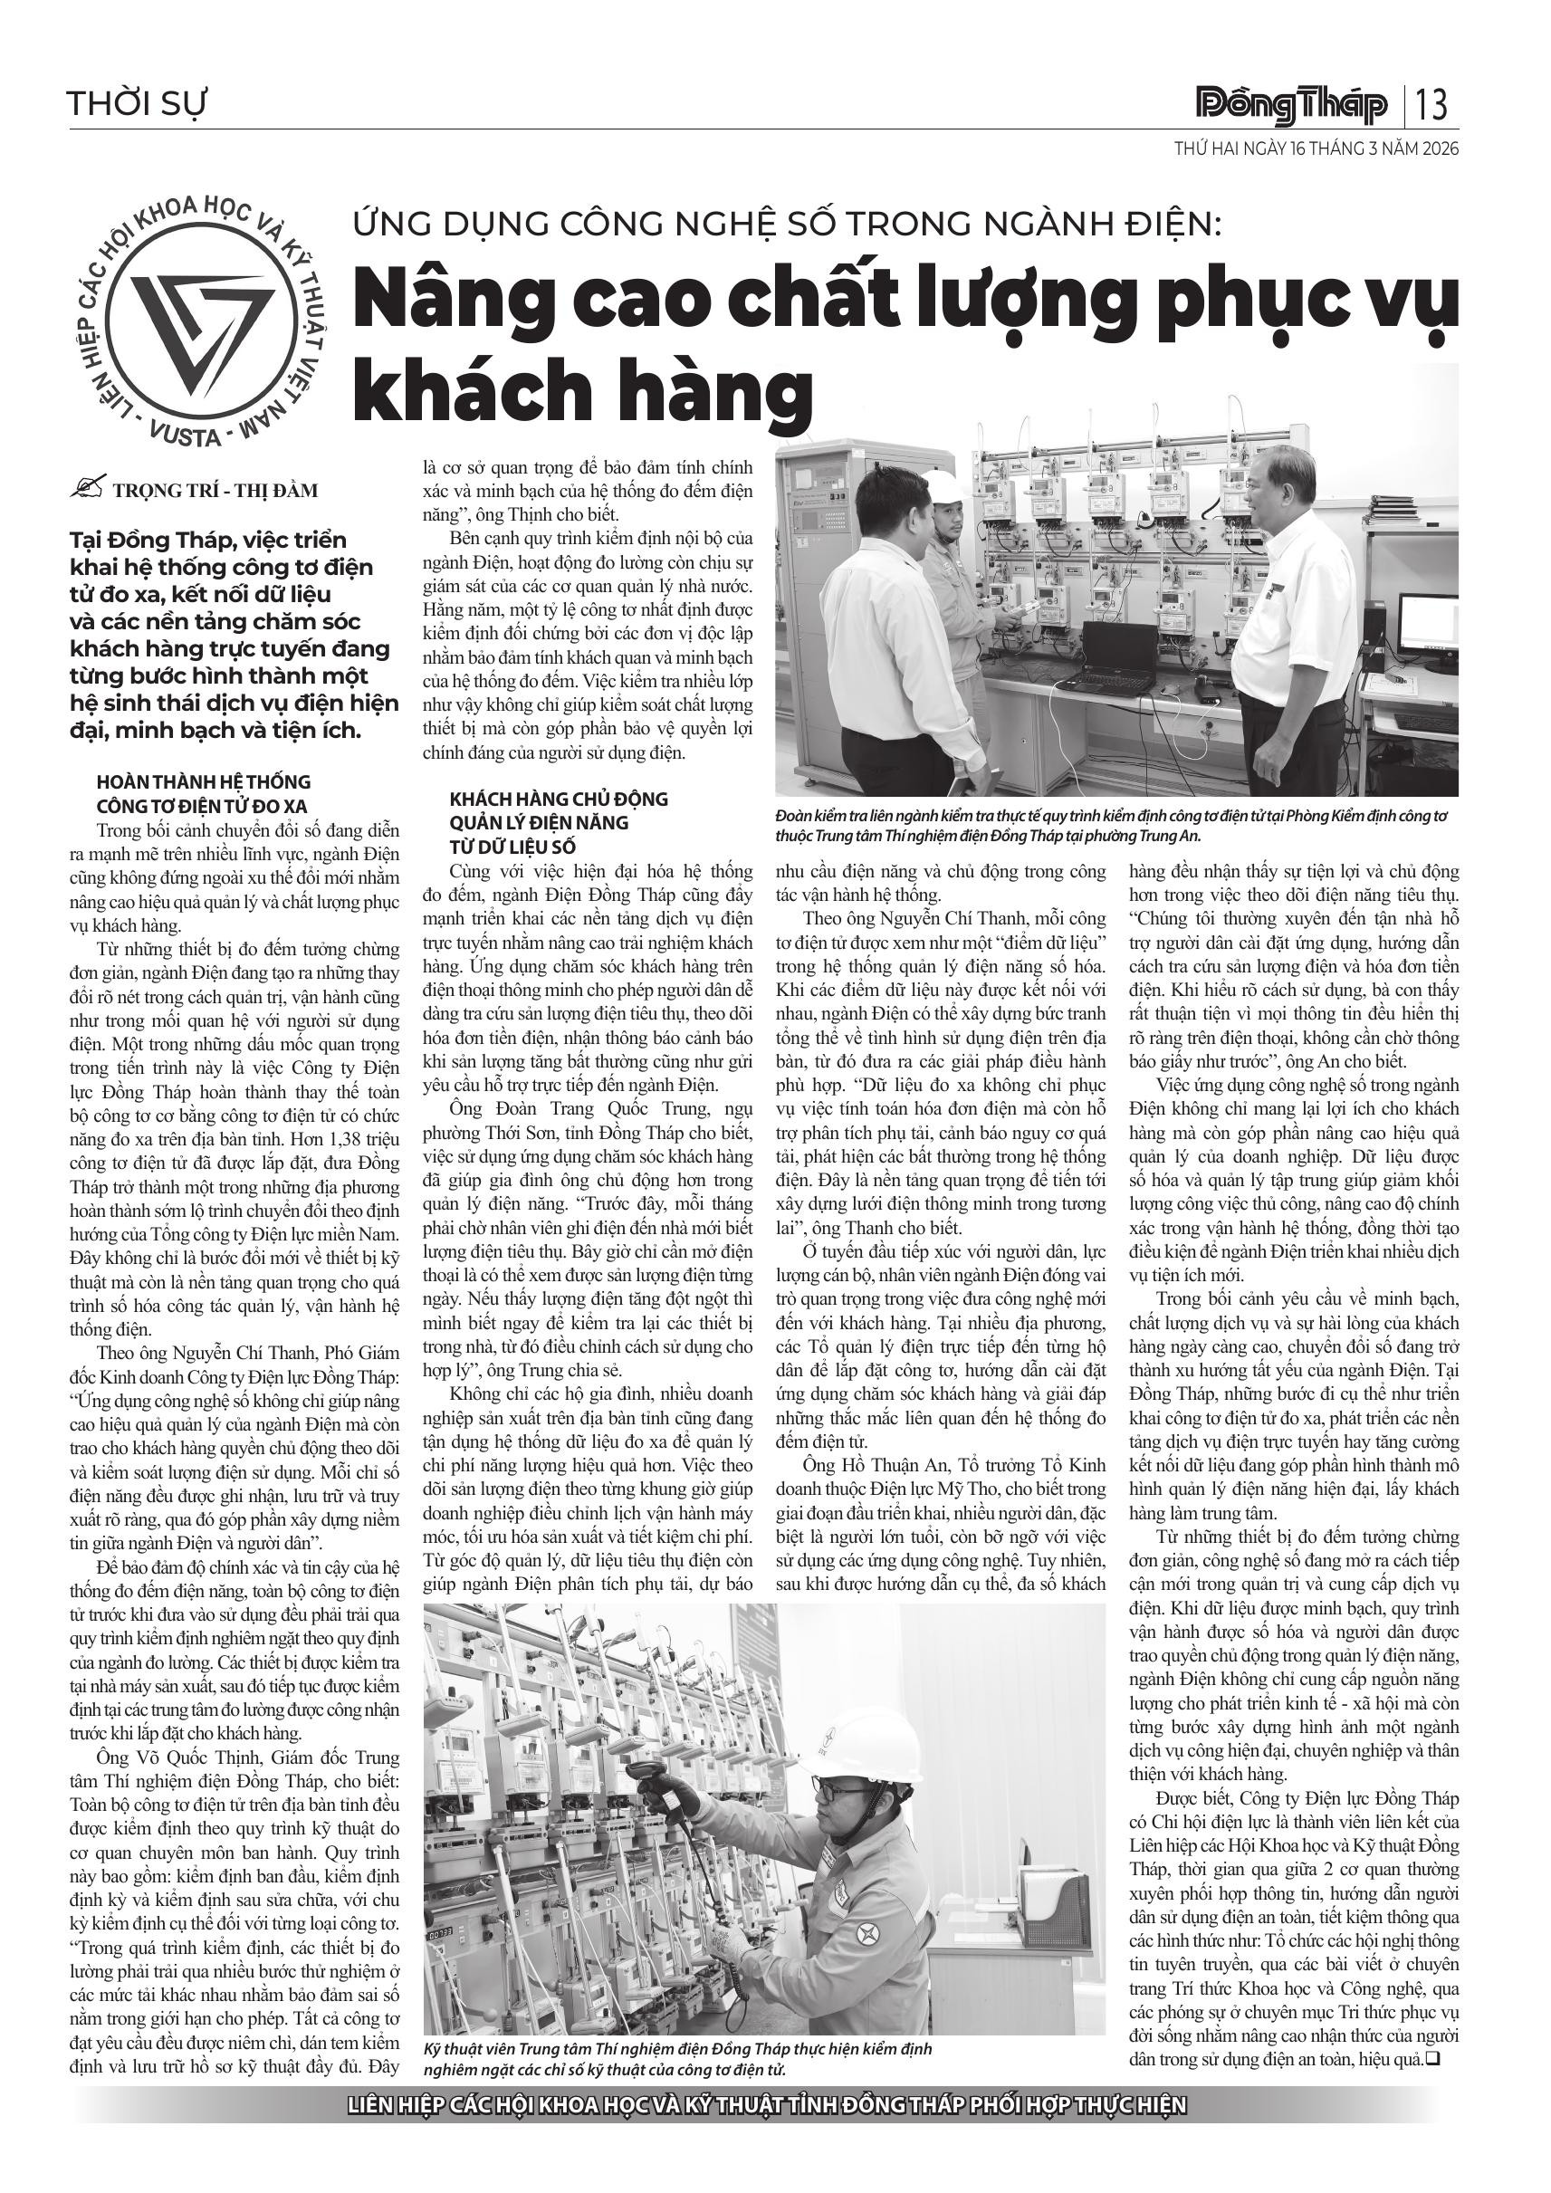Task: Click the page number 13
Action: pos(1432,104)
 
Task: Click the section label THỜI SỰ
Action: pos(137,103)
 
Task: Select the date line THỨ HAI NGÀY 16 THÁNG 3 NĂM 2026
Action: pos(1316,149)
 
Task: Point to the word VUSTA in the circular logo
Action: pos(187,436)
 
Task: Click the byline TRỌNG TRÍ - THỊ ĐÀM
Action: pos(215,491)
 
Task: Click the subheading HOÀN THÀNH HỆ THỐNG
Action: pos(204,782)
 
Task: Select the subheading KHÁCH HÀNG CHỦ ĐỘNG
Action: pos(559,800)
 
